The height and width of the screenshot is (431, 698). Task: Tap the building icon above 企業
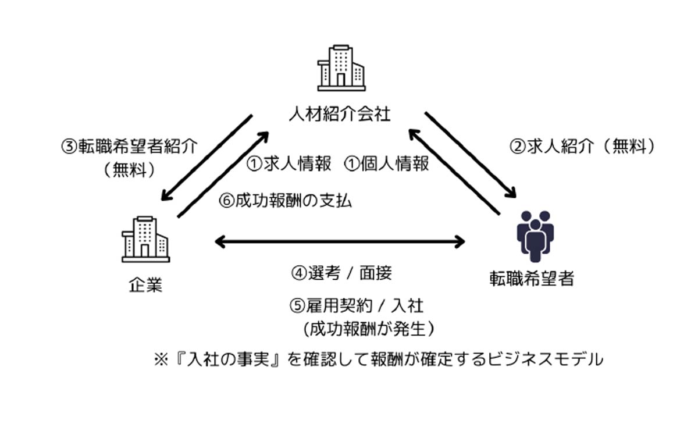tap(145, 239)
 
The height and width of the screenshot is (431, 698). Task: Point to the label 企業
tap(145, 285)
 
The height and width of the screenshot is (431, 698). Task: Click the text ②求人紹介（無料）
tap(582, 146)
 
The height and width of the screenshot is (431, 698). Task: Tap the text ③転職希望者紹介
tap(129, 146)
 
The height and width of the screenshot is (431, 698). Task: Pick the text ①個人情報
tap(387, 165)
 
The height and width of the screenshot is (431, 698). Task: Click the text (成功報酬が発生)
tap(369, 329)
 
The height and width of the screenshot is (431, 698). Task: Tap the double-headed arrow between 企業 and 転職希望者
tap(340, 241)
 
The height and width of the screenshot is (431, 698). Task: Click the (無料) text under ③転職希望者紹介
tap(129, 170)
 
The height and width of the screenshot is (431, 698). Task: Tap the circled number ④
tap(298, 272)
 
